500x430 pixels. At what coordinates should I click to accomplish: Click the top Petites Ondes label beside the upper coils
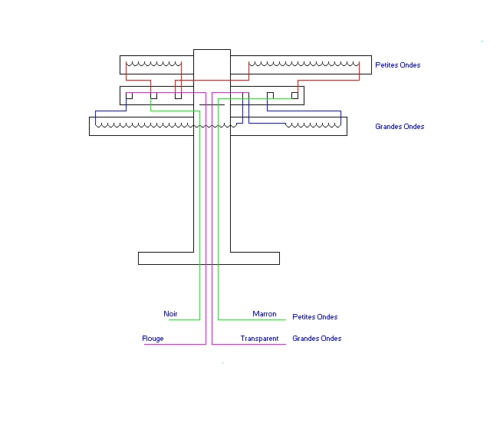point(397,65)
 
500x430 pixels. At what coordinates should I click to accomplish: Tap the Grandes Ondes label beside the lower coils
point(400,127)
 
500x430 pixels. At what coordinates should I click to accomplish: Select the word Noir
point(170,314)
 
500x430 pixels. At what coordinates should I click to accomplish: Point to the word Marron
point(265,314)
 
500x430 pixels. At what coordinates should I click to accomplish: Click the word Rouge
point(153,339)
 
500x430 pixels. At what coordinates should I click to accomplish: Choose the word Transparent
point(259,339)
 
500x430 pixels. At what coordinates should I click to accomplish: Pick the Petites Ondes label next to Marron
point(315,317)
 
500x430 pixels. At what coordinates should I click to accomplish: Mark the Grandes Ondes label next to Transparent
point(317,339)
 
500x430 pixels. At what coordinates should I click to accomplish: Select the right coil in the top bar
point(304,64)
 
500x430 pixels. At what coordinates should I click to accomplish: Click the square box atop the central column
point(212,61)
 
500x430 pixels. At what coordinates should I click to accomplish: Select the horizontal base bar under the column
point(209,258)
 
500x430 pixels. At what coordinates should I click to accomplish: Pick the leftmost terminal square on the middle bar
point(130,96)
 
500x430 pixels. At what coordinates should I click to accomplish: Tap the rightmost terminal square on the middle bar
point(295,96)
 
